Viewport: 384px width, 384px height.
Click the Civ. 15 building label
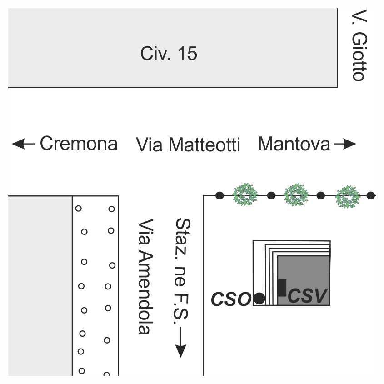(169, 53)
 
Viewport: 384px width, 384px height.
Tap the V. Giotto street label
(359, 45)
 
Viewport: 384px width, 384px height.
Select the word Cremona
(79, 144)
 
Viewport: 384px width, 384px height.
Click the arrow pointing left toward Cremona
(24, 144)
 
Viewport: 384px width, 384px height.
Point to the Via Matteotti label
(188, 145)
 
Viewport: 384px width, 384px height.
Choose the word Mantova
(294, 144)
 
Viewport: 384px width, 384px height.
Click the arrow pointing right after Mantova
(345, 144)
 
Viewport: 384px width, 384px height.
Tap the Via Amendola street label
(146, 277)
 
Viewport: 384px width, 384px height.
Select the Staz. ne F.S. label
(183, 271)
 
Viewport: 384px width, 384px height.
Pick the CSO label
(231, 299)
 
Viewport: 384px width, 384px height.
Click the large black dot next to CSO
(259, 299)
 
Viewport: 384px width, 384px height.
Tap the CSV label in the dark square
(308, 296)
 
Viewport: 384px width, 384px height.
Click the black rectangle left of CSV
(282, 288)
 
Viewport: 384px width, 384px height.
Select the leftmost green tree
(245, 194)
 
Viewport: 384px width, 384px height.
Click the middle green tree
(296, 194)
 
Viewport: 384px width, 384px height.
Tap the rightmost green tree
(348, 197)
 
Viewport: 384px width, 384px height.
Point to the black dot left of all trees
(219, 195)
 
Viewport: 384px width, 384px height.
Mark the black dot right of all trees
(371, 195)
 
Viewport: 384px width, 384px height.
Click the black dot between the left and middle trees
(271, 195)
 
